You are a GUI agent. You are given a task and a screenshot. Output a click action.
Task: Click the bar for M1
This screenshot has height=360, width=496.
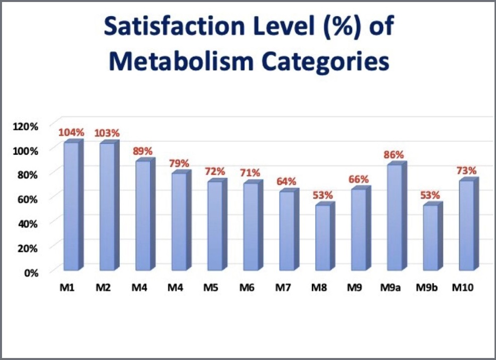(x=71, y=206)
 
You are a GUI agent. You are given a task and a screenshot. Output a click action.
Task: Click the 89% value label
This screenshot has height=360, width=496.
(x=143, y=151)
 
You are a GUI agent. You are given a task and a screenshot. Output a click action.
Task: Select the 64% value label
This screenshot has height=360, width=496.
(x=287, y=182)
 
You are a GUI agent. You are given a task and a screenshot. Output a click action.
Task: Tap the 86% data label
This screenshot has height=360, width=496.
(x=394, y=155)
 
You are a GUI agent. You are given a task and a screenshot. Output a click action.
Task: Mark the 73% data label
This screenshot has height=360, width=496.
(x=466, y=170)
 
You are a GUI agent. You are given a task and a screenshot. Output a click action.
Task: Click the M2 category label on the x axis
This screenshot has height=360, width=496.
(x=104, y=288)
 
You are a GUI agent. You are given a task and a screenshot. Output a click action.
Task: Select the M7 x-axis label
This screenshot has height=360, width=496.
(x=283, y=288)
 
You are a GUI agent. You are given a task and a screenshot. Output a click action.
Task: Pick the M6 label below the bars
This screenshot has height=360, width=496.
(x=247, y=288)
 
